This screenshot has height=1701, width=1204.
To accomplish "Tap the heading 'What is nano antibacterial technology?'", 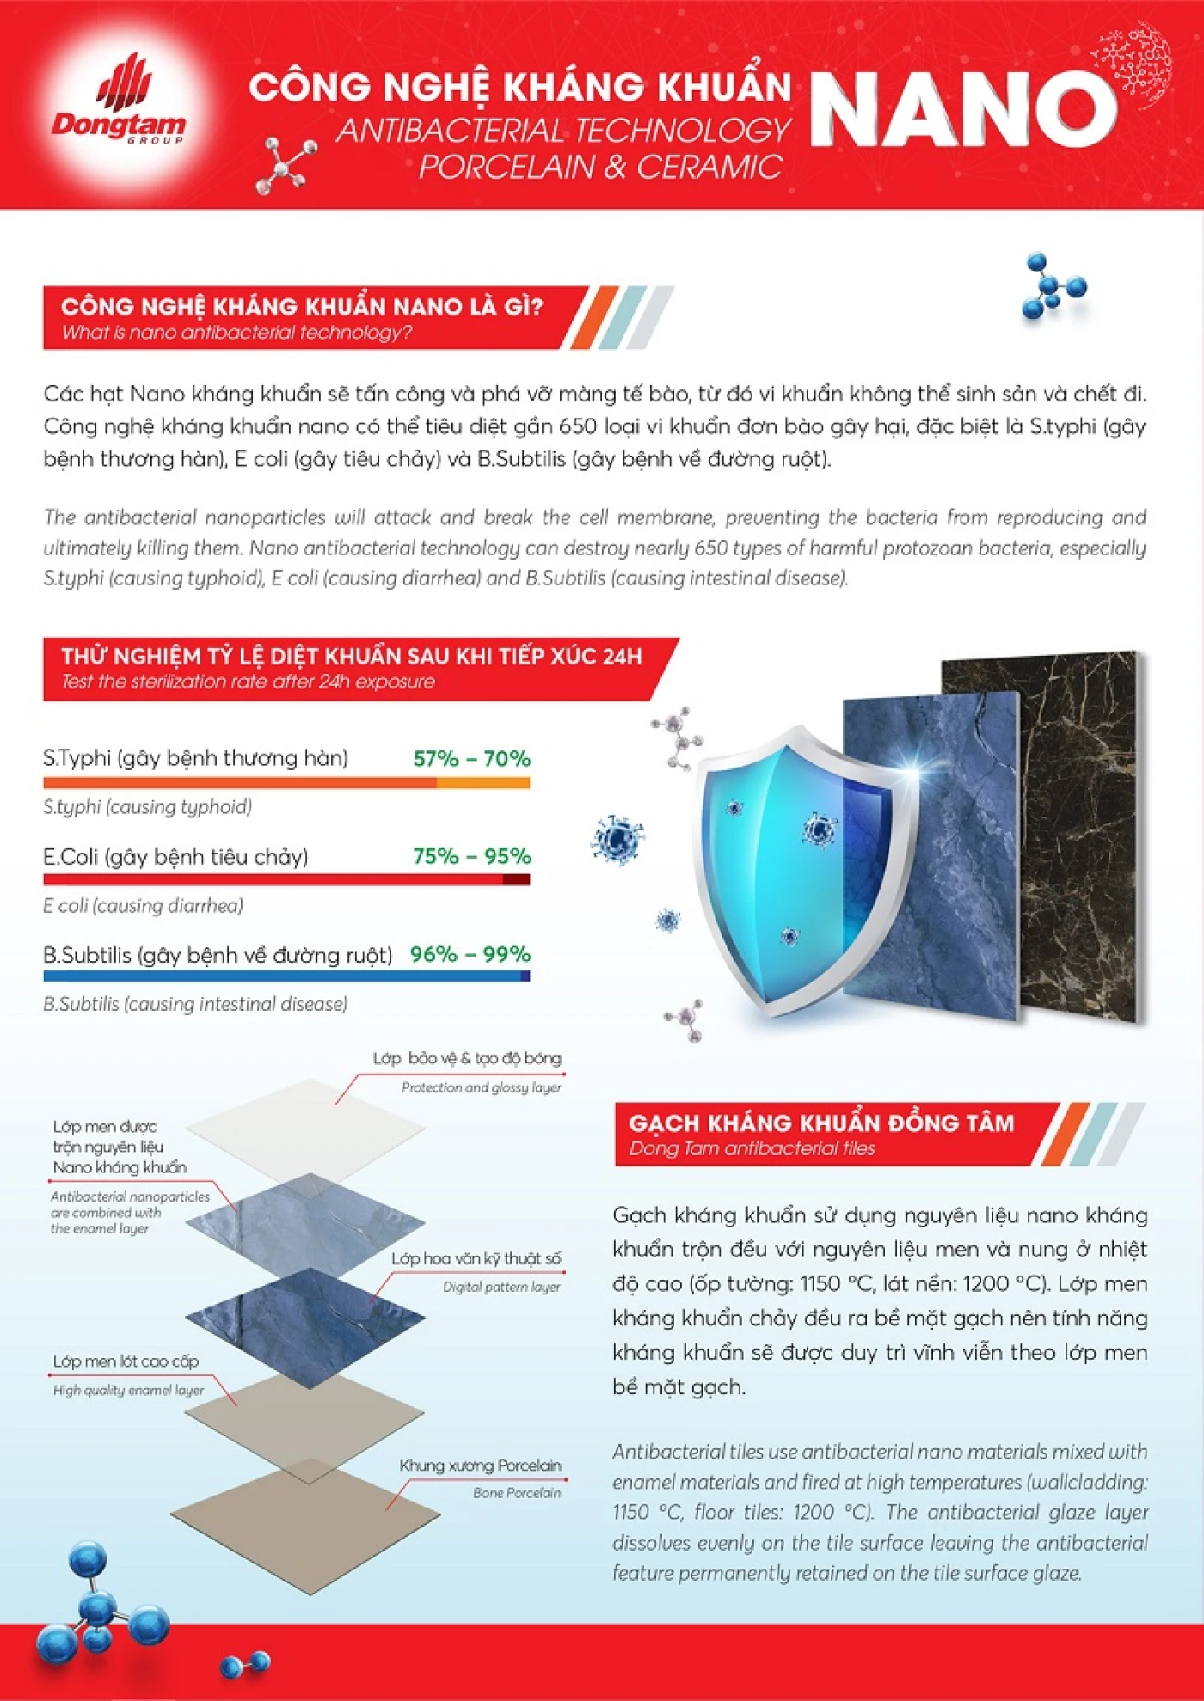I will click(236, 333).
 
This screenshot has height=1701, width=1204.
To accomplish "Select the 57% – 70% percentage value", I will click(471, 758).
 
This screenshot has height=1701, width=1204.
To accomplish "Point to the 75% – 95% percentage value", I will click(471, 856).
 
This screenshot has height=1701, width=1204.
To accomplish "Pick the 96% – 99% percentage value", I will click(470, 954).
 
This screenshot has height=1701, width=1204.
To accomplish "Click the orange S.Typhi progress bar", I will click(286, 783).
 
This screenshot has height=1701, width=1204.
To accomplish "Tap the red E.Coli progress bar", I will click(286, 879).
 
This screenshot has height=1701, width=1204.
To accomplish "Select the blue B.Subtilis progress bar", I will click(286, 976).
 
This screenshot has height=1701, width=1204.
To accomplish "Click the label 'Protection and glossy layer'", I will click(481, 1087).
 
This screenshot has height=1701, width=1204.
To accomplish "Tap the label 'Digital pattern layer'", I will click(501, 1287).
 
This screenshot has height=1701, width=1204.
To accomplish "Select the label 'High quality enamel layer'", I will click(128, 1390).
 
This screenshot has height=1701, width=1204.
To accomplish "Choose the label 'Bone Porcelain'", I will click(516, 1493).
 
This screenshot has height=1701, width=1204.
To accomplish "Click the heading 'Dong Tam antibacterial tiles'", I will click(752, 1148).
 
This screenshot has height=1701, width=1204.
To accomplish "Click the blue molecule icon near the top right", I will click(1053, 286).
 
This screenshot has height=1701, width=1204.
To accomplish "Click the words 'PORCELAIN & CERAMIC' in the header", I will click(600, 167).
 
